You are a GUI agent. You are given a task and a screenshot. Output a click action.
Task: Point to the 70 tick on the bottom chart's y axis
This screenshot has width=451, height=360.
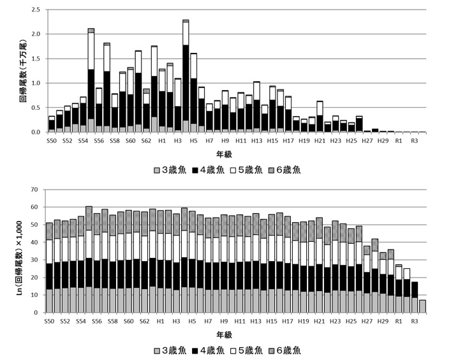pyautogui.click(x=34, y=190)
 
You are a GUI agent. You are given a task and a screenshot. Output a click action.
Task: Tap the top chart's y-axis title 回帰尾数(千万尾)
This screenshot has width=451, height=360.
pyautogui.click(x=24, y=71)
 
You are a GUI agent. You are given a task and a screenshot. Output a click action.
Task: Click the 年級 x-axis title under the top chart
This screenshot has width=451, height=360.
pyautogui.click(x=224, y=154)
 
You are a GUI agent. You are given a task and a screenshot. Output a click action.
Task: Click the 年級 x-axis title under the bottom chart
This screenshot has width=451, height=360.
pyautogui.click(x=224, y=335)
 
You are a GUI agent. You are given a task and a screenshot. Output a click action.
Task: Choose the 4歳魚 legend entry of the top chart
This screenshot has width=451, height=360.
pyautogui.click(x=209, y=170)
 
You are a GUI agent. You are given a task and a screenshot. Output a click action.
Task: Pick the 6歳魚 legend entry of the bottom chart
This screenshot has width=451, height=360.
pyautogui.click(x=285, y=350)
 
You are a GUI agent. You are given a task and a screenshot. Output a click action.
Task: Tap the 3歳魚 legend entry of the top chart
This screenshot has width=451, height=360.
pyautogui.click(x=170, y=170)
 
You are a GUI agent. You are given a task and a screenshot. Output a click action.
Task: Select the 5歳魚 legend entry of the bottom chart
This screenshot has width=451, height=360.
pyautogui.click(x=246, y=350)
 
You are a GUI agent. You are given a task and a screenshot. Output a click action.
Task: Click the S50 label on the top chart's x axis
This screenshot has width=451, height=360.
pyautogui.click(x=52, y=140)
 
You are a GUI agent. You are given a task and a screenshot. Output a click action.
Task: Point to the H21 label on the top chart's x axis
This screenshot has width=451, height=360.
pyautogui.click(x=320, y=140)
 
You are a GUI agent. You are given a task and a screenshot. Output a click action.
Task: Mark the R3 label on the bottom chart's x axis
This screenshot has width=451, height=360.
pyautogui.click(x=414, y=321)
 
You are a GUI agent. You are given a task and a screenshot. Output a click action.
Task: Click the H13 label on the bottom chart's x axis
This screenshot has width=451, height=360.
pyautogui.click(x=256, y=321)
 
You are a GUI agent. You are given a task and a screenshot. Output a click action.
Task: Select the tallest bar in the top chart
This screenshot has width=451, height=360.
pyautogui.click(x=186, y=76)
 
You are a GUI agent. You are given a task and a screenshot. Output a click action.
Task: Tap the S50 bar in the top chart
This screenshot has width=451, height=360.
pyautogui.click(x=52, y=124)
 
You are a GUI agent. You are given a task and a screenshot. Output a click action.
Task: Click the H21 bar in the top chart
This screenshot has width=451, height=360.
pyautogui.click(x=320, y=117)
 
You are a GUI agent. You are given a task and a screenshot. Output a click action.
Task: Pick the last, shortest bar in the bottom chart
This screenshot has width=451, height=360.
pyautogui.click(x=422, y=306)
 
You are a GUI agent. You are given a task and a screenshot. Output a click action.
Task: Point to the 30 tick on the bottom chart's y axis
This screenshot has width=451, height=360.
pyautogui.click(x=34, y=260)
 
